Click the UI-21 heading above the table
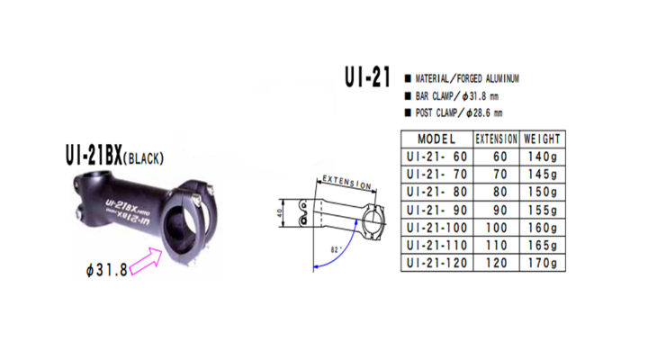367,78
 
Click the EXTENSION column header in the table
496,139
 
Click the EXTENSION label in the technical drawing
346,183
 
